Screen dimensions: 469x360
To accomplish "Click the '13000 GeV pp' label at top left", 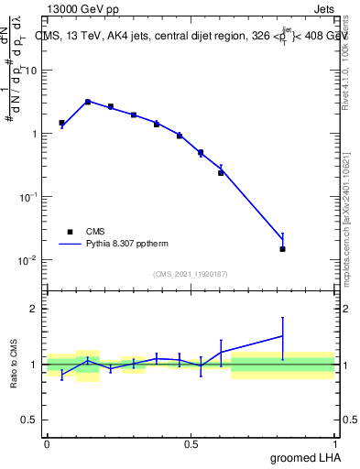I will pyautogui.click(x=81, y=8).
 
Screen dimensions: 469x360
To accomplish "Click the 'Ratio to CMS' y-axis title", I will pyautogui.click(x=15, y=364).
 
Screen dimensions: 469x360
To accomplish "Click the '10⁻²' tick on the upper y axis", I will pyautogui.click(x=27, y=260).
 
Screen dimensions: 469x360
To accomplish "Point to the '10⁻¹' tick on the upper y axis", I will pyautogui.click(x=27, y=197).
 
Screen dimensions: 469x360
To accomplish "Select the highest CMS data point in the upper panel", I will pyautogui.click(x=88, y=102).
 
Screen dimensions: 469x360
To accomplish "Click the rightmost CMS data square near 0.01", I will pyautogui.click(x=283, y=248).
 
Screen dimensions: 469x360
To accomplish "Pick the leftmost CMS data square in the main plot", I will pyautogui.click(x=61, y=123).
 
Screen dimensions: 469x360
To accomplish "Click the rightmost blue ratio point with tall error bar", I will pyautogui.click(x=283, y=335).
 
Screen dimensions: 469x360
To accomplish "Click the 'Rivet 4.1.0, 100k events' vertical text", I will pyautogui.click(x=352, y=67).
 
